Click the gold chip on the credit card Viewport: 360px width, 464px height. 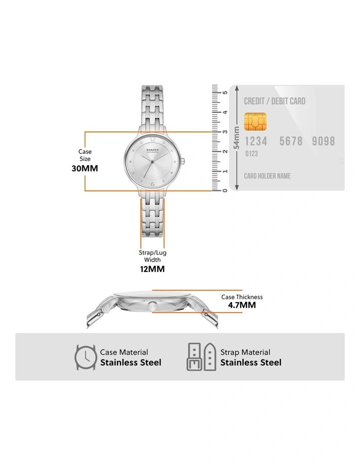tap(255, 121)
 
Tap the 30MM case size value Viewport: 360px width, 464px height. tap(84, 168)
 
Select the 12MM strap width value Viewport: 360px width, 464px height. tap(152, 269)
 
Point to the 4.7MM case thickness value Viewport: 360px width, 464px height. tap(241, 305)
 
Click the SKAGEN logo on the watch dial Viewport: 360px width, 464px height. tap(152, 150)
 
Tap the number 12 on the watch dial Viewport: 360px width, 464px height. tap(152, 139)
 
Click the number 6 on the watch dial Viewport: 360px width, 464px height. tap(152, 184)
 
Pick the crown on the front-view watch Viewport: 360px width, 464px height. tap(183, 161)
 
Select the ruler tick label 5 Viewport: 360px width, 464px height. tap(225, 92)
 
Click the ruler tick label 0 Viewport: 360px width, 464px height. tap(225, 190)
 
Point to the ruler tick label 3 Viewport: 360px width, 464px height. tap(225, 131)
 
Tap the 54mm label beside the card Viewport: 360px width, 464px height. tap(236, 138)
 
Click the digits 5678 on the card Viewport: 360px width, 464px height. tap(291, 141)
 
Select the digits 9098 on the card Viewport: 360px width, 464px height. tap(323, 141)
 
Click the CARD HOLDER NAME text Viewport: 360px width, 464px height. tap(267, 176)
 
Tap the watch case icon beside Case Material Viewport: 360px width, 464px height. tap(85, 357)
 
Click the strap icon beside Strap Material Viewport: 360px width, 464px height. tap(201, 357)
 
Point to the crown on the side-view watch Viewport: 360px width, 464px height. tap(152, 306)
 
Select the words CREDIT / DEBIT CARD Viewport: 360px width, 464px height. tap(274, 101)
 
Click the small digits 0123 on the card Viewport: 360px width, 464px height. tap(251, 153)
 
